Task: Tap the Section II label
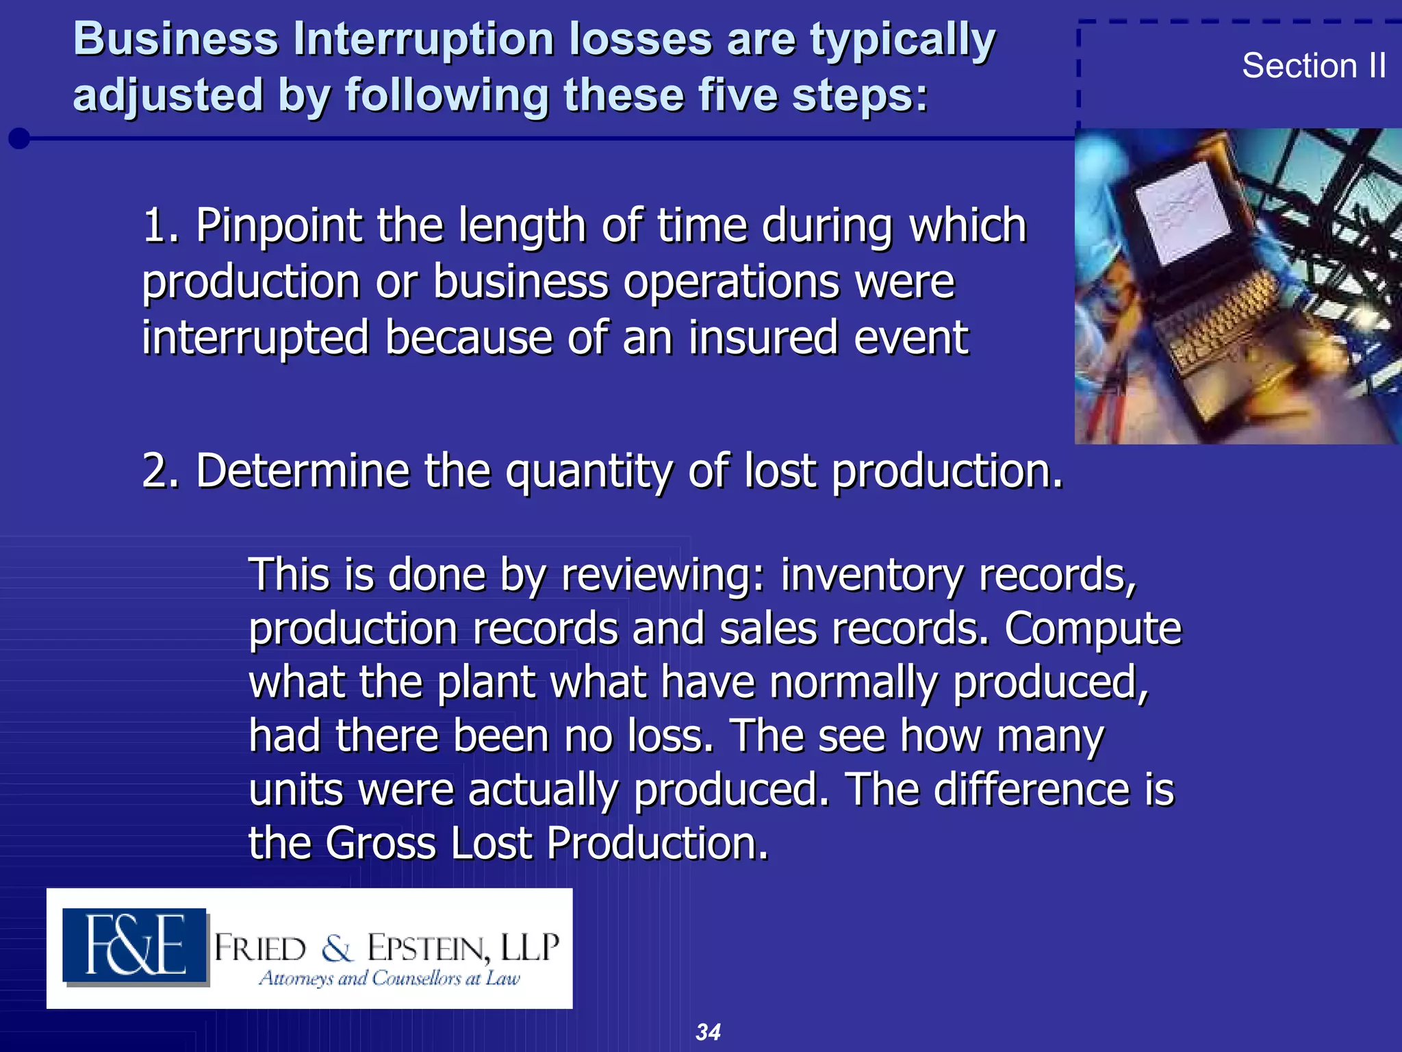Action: coord(1314,66)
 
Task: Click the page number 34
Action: coord(708,1031)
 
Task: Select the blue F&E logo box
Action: coord(135,945)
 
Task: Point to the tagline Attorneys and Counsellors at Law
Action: coord(390,978)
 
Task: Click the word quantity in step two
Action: coord(589,473)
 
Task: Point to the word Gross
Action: coord(380,843)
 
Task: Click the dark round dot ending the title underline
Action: coord(19,138)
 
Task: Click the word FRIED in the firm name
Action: coord(260,949)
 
